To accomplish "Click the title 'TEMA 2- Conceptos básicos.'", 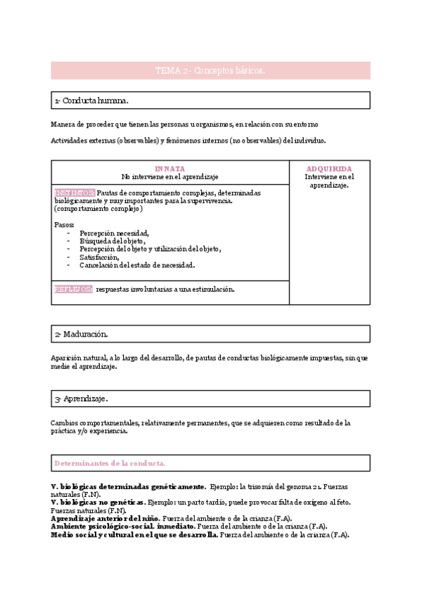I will click(x=210, y=71).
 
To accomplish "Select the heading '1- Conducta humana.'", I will click(x=91, y=101).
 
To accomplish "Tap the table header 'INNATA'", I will click(x=170, y=169).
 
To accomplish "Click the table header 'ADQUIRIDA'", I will click(x=329, y=169).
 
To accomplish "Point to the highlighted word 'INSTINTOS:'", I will click(x=74, y=193).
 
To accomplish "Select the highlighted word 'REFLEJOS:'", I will click(x=73, y=289).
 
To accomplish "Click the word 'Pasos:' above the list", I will click(x=64, y=224).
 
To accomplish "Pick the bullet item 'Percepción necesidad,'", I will click(x=114, y=233).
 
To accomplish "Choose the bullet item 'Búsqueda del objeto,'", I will click(x=113, y=240).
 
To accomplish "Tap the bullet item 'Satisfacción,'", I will click(x=99, y=257).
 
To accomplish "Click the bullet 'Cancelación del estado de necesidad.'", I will click(x=136, y=266).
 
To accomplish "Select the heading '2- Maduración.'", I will click(x=81, y=334).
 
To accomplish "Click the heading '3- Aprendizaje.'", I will click(x=81, y=399).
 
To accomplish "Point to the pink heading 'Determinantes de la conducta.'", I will click(x=110, y=463).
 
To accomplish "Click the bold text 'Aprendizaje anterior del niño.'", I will click(x=105, y=518).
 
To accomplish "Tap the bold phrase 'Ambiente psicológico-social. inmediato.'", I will click(x=123, y=526).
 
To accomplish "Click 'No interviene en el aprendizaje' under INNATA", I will click(x=170, y=176).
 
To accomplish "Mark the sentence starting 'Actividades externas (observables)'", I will click(x=188, y=140).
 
